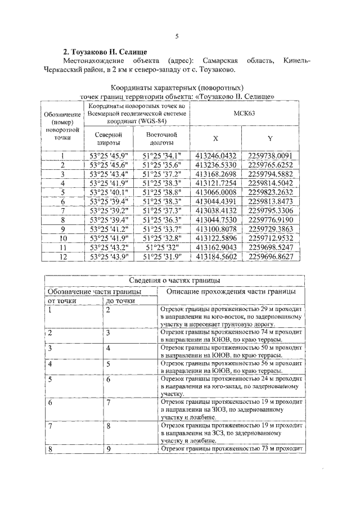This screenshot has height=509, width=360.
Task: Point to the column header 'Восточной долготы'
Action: coord(161,139)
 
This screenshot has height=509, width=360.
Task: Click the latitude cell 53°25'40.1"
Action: coord(109,192)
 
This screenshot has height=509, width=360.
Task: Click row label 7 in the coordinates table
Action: coord(63,210)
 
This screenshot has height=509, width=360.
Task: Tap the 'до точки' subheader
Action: coord(120,301)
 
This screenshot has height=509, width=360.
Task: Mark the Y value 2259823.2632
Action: coord(271,192)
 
